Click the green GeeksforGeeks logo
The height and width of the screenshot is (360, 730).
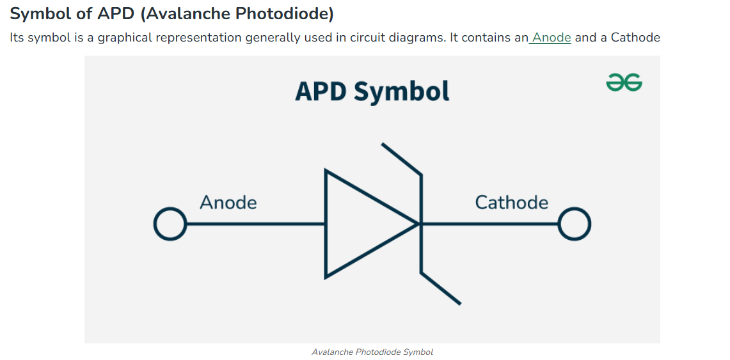click(x=624, y=82)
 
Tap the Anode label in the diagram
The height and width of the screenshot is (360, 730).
click(x=228, y=203)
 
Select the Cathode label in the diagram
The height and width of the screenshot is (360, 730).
click(x=512, y=203)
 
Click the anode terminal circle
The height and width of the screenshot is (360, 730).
click(x=170, y=224)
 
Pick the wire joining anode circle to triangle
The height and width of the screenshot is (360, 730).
click(x=255, y=224)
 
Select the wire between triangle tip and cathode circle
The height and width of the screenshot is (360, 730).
click(x=489, y=224)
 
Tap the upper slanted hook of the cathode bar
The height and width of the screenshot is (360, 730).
click(x=401, y=159)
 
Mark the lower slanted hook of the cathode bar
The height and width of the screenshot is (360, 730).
click(x=441, y=288)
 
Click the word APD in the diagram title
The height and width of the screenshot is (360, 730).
click(x=321, y=91)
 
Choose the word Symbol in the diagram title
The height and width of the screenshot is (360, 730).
click(x=402, y=92)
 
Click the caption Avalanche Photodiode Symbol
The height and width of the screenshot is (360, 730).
click(x=372, y=352)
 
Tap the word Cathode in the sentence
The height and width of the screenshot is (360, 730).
click(x=635, y=37)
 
